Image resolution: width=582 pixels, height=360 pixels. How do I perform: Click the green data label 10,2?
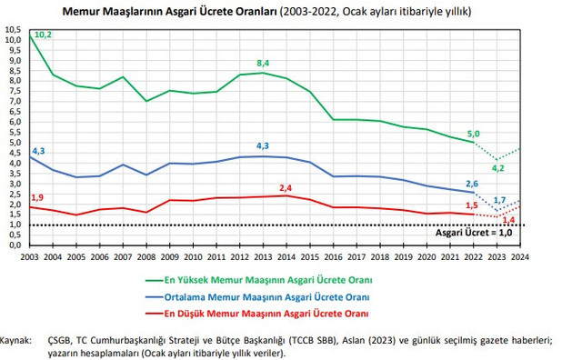point(43,35)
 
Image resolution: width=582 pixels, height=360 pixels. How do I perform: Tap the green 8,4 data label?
point(265,63)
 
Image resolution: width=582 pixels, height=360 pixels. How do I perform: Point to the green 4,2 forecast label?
point(497,167)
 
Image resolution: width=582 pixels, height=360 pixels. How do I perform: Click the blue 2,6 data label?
point(471,183)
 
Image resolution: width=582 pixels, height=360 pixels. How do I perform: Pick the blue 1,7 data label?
point(499,199)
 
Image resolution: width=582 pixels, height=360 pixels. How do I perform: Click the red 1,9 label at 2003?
point(36,197)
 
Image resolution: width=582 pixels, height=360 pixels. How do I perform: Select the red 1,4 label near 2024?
point(509,220)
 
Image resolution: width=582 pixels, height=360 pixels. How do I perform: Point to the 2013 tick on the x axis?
point(264,257)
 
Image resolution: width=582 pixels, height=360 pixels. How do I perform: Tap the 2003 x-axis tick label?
point(31,257)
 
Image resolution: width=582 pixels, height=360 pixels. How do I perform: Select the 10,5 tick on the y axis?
point(14,29)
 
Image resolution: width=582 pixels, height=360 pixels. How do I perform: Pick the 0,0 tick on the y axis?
point(14,245)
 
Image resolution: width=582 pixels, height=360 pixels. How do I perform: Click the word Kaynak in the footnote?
point(19,339)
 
